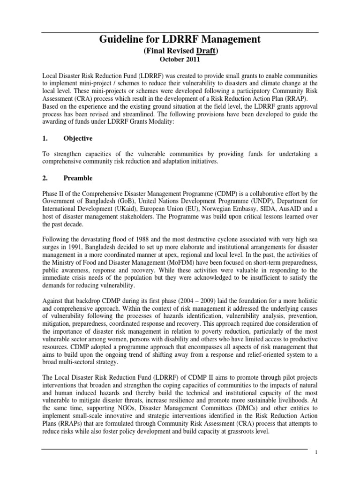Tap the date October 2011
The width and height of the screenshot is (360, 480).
pyautogui.click(x=180, y=60)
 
